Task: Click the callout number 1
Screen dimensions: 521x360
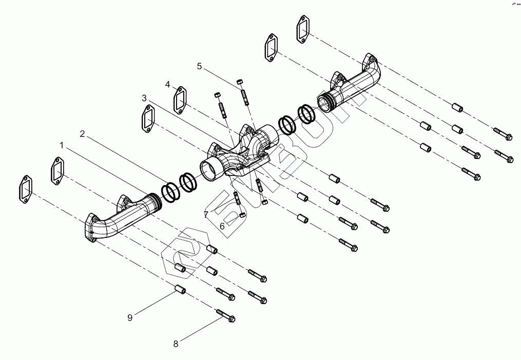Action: coord(62,146)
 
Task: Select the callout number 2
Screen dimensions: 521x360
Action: coord(82,134)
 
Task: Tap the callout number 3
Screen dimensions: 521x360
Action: coord(144,97)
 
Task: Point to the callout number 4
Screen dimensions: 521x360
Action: coord(168,84)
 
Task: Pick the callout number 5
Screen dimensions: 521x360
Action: coord(200,66)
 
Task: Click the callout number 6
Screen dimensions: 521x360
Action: coord(222,226)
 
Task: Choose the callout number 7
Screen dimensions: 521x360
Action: coord(206,214)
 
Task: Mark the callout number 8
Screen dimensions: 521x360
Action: coord(176,344)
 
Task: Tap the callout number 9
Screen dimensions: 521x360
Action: coord(130,318)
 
